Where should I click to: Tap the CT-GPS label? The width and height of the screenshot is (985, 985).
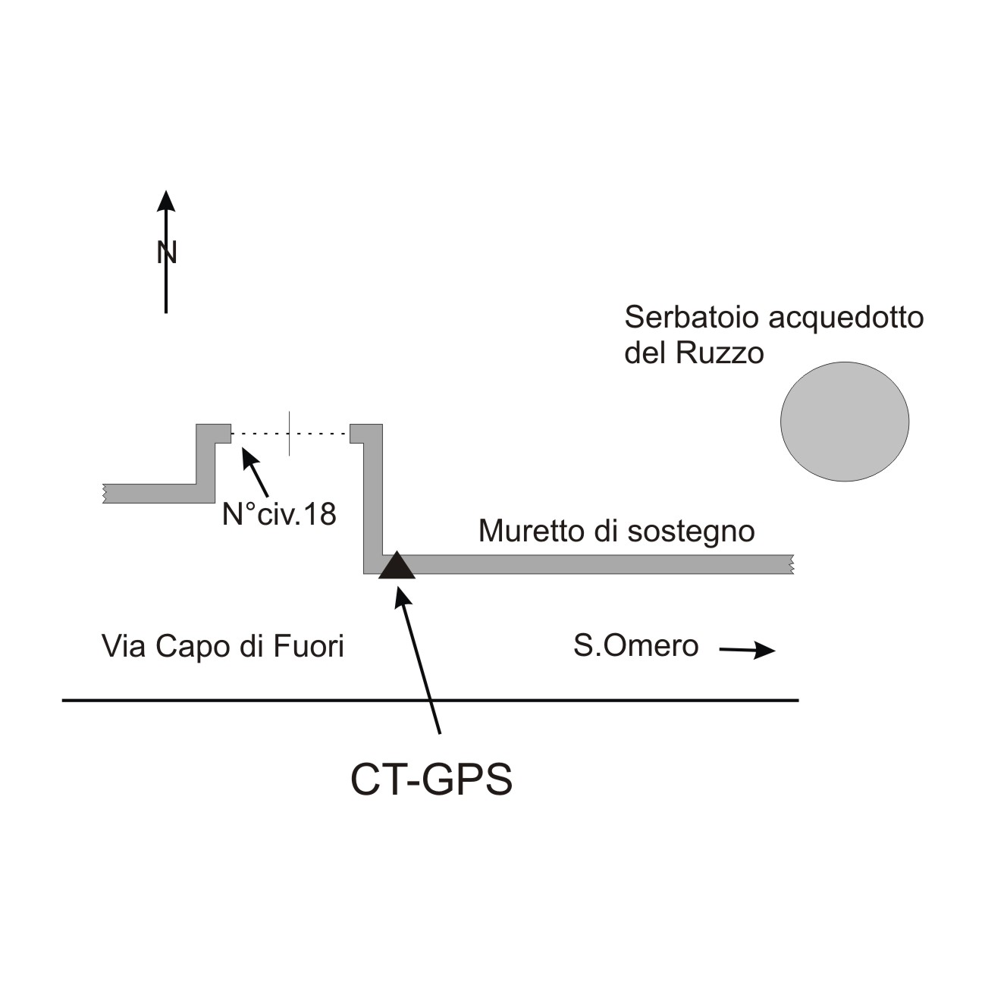pyautogui.click(x=431, y=780)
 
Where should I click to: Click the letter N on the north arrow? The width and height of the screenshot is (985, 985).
pyautogui.click(x=166, y=253)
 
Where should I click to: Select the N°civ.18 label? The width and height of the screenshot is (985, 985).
pyautogui.click(x=279, y=515)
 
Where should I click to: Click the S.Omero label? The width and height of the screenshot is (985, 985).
pyautogui.click(x=635, y=647)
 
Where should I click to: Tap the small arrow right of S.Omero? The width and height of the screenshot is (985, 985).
pyautogui.click(x=748, y=650)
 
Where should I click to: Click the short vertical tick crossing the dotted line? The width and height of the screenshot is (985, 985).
pyautogui.click(x=289, y=434)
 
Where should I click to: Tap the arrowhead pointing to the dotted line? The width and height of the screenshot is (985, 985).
pyautogui.click(x=246, y=454)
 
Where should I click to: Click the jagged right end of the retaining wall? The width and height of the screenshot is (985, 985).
pyautogui.click(x=791, y=564)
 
